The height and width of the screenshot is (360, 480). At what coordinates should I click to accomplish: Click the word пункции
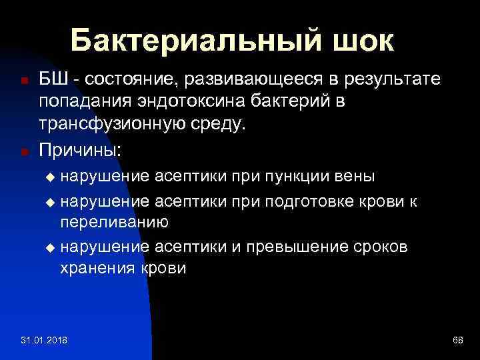pyautogui.click(x=305, y=177)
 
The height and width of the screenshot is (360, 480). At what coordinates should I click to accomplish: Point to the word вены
pyautogui.click(x=357, y=177)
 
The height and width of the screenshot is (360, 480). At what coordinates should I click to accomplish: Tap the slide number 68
pyautogui.click(x=457, y=341)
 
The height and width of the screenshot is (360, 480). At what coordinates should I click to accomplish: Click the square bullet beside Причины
pyautogui.click(x=24, y=151)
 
